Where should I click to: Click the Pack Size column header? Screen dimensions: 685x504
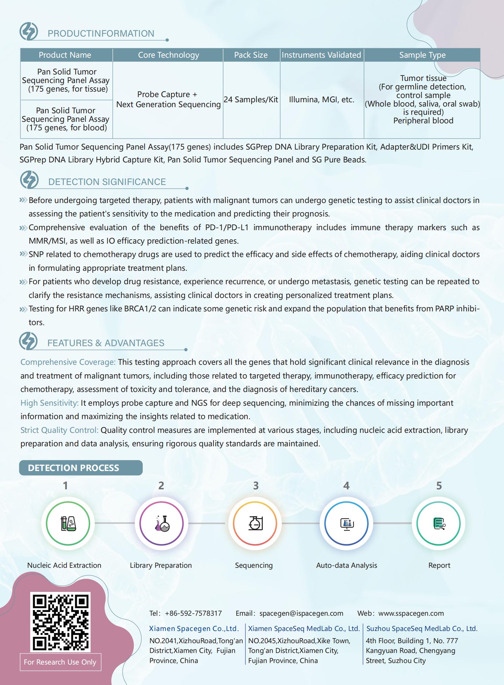251,55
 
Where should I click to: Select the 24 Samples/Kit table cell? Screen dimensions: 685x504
251,100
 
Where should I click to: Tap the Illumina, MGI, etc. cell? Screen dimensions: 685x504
322,100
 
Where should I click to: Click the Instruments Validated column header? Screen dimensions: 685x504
321,55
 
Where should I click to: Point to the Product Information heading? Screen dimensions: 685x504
101,33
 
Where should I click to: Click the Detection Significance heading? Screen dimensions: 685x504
107,182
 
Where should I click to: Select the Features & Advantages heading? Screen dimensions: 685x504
105,343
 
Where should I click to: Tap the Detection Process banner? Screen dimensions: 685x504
80,468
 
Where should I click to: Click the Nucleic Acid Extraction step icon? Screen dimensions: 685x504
68,523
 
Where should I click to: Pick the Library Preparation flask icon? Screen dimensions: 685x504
162,523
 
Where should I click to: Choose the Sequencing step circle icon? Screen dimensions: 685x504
255,523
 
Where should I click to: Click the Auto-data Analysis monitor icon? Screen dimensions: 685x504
347,523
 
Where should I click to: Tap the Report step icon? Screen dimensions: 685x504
439,523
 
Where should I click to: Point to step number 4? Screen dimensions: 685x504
346,486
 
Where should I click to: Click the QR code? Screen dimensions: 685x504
60,622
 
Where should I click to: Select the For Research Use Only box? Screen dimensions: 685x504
60,662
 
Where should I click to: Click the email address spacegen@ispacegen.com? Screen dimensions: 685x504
301,613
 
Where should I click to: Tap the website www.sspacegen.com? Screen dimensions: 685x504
411,613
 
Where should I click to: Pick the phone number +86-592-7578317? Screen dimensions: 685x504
193,613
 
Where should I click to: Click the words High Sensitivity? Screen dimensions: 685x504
49,403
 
